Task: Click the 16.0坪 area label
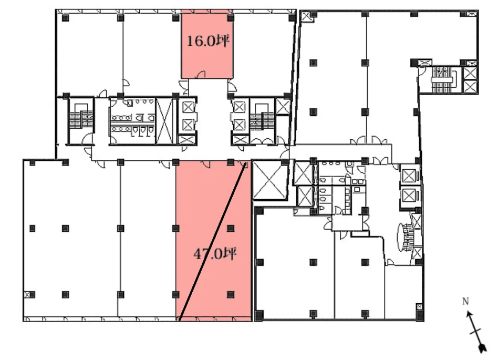(x=208, y=41)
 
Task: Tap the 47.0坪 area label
(x=215, y=253)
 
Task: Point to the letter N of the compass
(x=465, y=301)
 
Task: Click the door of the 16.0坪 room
(x=201, y=75)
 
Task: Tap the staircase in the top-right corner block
(x=443, y=79)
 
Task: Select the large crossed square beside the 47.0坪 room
(x=269, y=180)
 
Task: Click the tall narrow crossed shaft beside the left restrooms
(x=164, y=121)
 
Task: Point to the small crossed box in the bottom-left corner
(x=28, y=294)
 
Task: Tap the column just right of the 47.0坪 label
(x=231, y=228)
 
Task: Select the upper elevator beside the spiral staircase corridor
(x=409, y=175)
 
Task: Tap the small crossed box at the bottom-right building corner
(x=420, y=307)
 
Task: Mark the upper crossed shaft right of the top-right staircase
(x=470, y=74)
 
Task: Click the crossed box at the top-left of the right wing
(x=306, y=16)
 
